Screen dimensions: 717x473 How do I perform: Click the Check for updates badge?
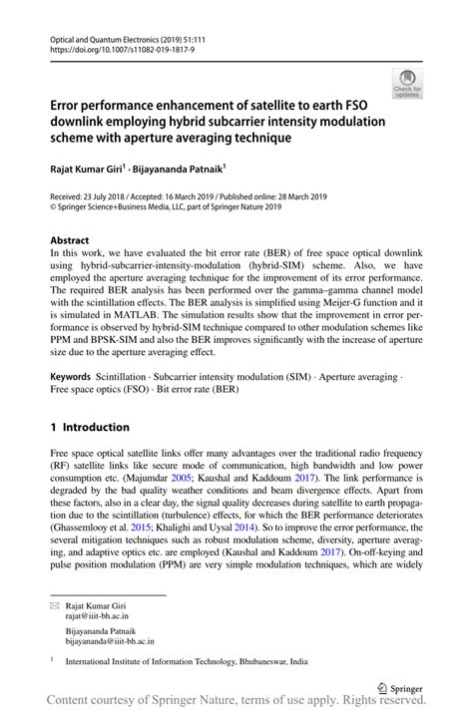(x=407, y=83)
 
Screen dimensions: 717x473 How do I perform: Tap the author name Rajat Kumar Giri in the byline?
(x=84, y=171)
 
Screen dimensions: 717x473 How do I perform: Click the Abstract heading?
(x=70, y=241)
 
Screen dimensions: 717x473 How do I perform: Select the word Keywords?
(x=70, y=380)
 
